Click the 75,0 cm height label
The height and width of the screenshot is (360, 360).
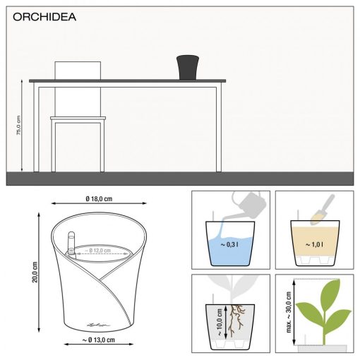pyautogui.click(x=19, y=126)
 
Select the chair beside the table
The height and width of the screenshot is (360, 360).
pyautogui.click(x=78, y=120)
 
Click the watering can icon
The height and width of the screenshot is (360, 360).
pyautogui.click(x=246, y=205)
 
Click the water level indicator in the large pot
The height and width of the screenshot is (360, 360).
pyautogui.click(x=71, y=244)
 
